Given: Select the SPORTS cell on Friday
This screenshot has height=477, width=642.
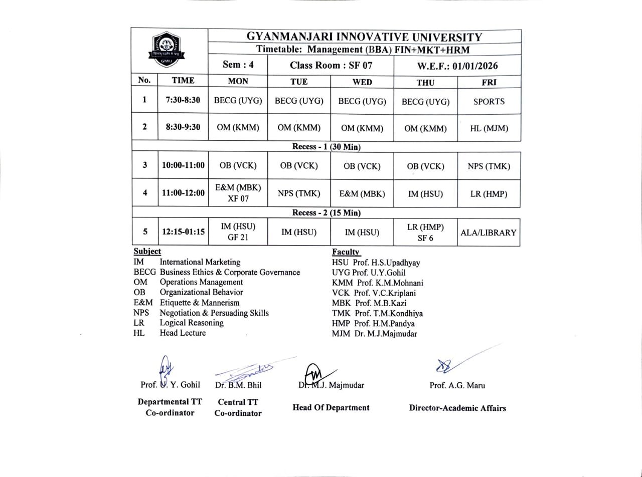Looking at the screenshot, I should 489,101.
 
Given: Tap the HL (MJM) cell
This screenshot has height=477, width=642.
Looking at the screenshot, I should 489,128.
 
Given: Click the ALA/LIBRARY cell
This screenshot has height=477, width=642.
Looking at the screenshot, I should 489,232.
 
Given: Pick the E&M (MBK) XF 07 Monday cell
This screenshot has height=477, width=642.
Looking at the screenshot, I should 238,193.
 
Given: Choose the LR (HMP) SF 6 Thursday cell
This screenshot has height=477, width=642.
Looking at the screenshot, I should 425,232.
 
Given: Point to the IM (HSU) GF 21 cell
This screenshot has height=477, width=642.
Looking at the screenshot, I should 238,232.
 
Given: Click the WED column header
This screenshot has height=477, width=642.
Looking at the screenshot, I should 362,82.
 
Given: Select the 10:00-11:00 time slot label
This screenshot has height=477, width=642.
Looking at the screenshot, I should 183,166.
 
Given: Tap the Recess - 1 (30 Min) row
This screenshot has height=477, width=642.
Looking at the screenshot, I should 326,147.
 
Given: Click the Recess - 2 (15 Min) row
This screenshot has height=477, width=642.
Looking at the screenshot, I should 326,213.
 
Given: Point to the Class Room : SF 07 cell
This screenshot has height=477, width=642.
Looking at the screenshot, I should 331,66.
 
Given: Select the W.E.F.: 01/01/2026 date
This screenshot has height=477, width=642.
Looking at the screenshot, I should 457,66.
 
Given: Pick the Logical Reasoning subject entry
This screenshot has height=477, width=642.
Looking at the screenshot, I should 191,323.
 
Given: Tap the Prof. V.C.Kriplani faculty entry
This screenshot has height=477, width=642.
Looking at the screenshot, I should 374,293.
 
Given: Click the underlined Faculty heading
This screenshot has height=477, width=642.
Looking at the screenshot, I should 346,252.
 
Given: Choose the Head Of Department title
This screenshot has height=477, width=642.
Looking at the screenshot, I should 331,407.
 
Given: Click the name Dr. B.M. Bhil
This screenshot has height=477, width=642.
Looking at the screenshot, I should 238,385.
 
